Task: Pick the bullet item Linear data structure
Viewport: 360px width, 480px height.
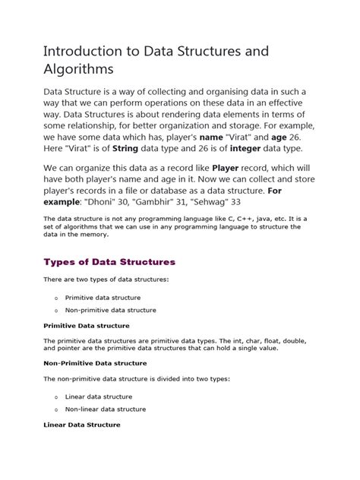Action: pos(98,396)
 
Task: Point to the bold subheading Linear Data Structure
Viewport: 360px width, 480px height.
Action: pos(81,425)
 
